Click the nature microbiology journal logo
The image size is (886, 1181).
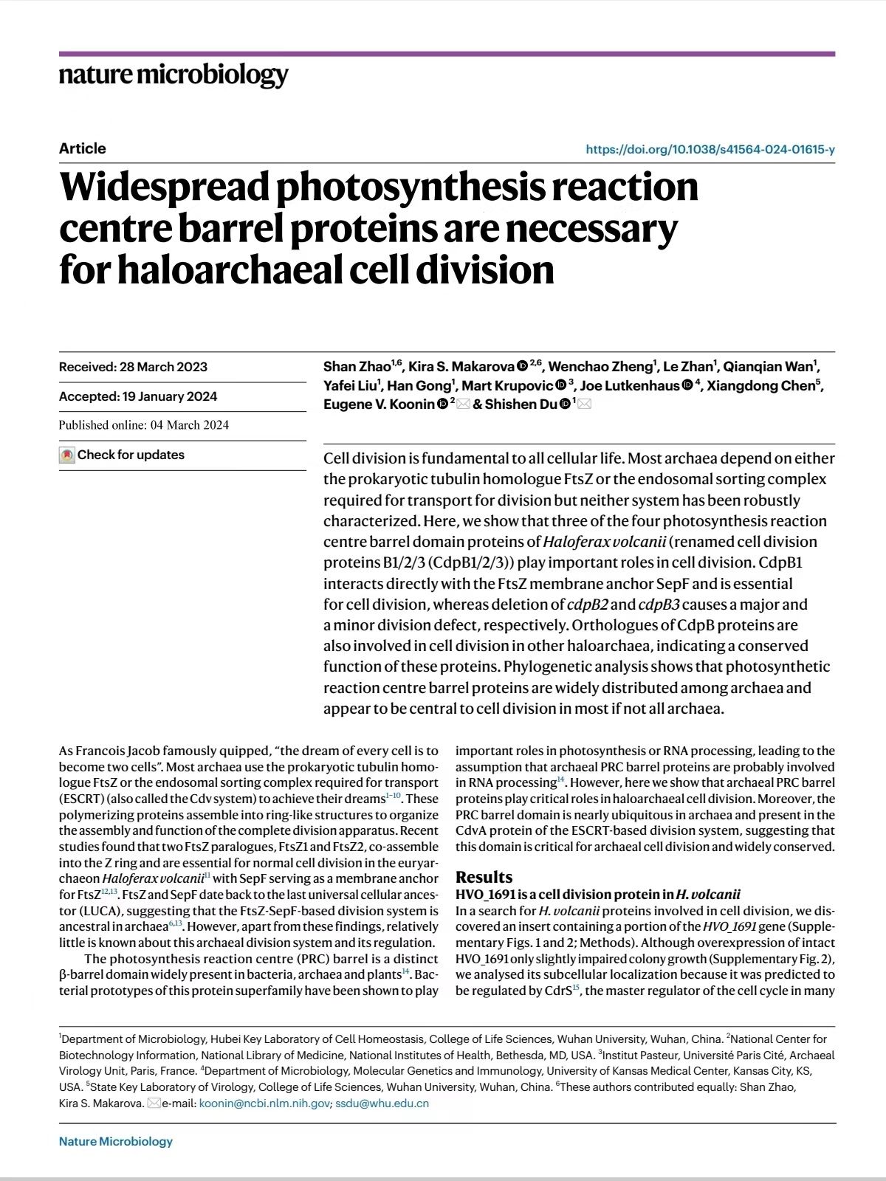point(174,75)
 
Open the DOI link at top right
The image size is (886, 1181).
point(710,149)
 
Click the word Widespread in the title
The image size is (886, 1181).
point(164,186)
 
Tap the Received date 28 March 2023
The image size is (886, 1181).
point(133,367)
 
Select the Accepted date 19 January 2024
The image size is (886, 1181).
point(138,396)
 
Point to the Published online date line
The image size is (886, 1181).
point(144,425)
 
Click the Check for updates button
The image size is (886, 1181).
point(123,455)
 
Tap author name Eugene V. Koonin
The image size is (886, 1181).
point(379,404)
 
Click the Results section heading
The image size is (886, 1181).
point(484,877)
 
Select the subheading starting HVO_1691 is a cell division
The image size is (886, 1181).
point(597,895)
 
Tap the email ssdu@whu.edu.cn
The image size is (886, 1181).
point(382,1103)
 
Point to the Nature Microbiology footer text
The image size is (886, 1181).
point(116,1141)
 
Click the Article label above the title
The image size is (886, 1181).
point(83,148)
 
